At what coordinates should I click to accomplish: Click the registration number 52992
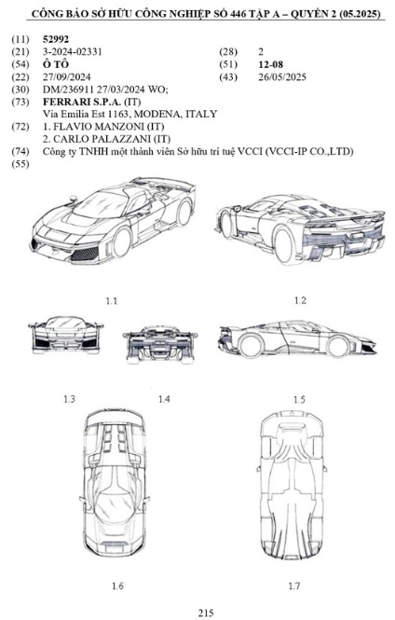pyautogui.click(x=55, y=39)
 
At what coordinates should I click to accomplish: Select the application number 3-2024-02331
pyautogui.click(x=73, y=51)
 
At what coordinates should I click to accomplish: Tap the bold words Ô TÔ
pyautogui.click(x=56, y=64)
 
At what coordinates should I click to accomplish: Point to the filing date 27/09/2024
pyautogui.click(x=66, y=76)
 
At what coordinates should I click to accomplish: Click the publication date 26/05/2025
pyautogui.click(x=282, y=76)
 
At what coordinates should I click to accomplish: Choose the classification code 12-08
pyautogui.click(x=270, y=64)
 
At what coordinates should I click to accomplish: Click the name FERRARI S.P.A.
pyautogui.click(x=82, y=102)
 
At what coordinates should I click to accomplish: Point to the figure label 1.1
pyautogui.click(x=112, y=301)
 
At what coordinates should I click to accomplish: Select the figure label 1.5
pyautogui.click(x=299, y=400)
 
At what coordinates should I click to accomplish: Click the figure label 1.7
pyautogui.click(x=293, y=586)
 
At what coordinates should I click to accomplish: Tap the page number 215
pyautogui.click(x=205, y=613)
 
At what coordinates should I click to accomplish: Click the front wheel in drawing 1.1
pyautogui.click(x=122, y=242)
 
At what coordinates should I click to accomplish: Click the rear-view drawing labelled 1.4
pyautogui.click(x=160, y=344)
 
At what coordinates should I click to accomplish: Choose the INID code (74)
pyautogui.click(x=20, y=151)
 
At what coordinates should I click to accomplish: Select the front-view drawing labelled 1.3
pyautogui.click(x=65, y=335)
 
